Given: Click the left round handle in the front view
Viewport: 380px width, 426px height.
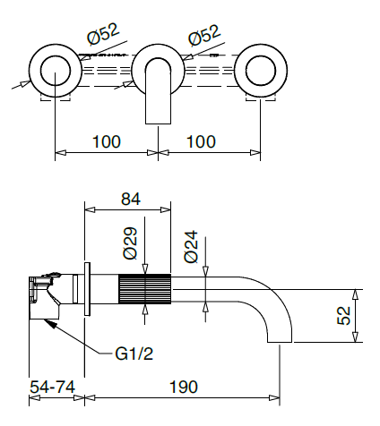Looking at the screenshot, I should pyautogui.click(x=56, y=70).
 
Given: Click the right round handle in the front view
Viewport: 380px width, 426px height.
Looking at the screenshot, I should pyautogui.click(x=263, y=70).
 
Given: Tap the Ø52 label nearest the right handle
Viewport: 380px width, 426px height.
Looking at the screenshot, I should pyautogui.click(x=205, y=38).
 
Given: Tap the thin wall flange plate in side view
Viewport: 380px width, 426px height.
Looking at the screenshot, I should pyautogui.click(x=88, y=289).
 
